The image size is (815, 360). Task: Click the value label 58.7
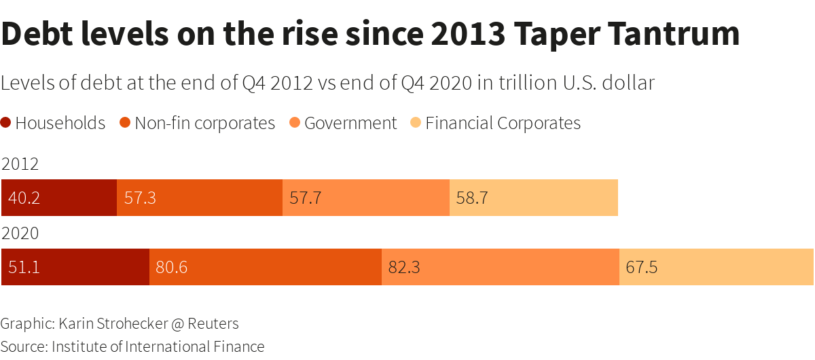[x=471, y=198]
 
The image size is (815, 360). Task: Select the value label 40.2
[x=24, y=198]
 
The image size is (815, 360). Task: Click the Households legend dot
[x=6, y=123]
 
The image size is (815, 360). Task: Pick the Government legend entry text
[x=350, y=123]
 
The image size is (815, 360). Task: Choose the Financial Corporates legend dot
[x=416, y=123]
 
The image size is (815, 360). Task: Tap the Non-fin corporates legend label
[x=205, y=123]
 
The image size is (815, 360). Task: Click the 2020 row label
[x=20, y=234]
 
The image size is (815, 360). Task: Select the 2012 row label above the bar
[x=20, y=164]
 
